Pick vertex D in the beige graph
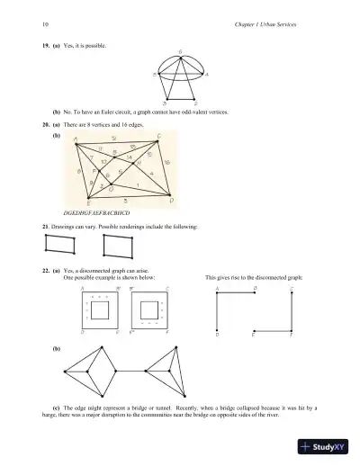click(167, 198)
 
